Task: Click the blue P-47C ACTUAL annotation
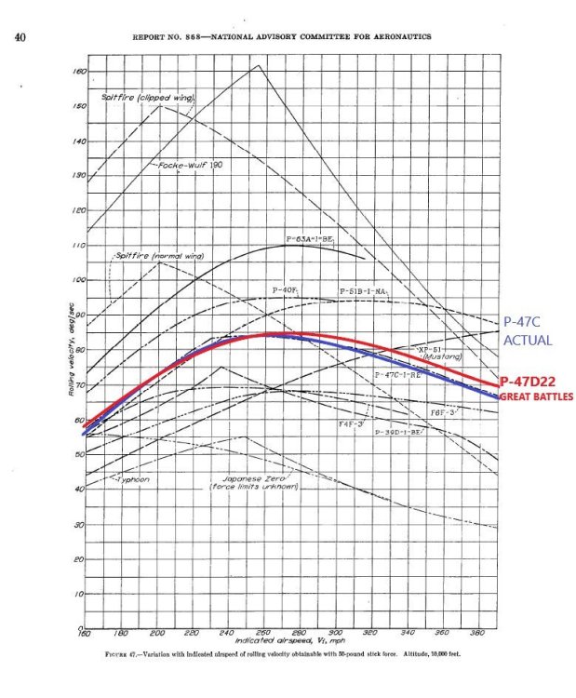coord(527,331)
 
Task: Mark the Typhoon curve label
coord(132,479)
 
